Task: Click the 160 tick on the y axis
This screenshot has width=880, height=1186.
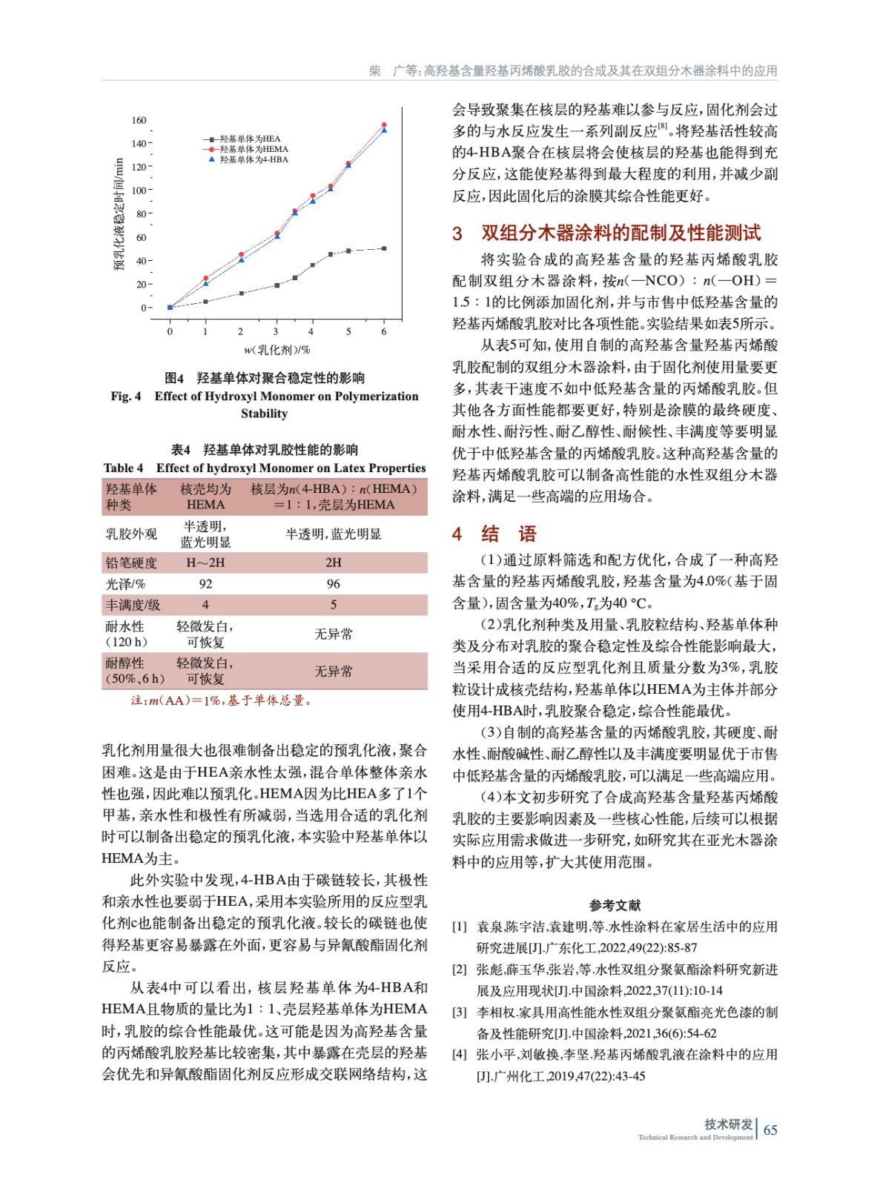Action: (139, 120)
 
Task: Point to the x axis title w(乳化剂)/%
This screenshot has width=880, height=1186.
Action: (277, 350)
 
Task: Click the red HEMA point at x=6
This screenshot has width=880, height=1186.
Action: (384, 125)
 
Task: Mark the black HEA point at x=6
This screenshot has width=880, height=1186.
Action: (384, 248)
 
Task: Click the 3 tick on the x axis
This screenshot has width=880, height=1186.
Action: (276, 331)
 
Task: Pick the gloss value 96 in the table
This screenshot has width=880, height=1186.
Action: (334, 584)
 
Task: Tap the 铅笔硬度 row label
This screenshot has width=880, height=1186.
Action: (131, 563)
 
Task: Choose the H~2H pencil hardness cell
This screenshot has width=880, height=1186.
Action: (205, 563)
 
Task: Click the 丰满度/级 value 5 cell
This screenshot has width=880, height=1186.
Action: (334, 605)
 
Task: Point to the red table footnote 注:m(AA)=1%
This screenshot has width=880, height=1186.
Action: (220, 700)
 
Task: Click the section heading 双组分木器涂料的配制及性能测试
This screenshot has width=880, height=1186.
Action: (621, 233)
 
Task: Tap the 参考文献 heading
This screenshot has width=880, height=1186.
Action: (615, 905)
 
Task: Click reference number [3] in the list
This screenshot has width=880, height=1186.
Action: (460, 1012)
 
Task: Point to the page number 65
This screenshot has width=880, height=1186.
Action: (770, 1130)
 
